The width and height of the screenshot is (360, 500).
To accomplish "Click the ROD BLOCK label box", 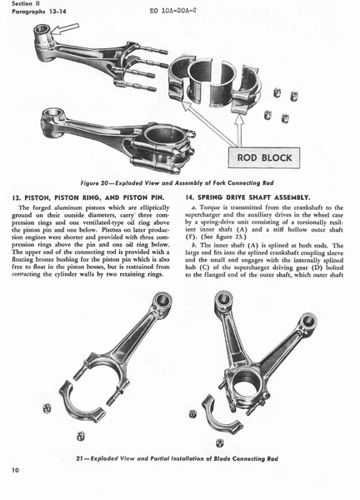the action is (264, 157).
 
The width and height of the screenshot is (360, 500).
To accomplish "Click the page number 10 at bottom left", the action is (15, 470).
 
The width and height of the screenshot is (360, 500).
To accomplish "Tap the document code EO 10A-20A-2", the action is (173, 10).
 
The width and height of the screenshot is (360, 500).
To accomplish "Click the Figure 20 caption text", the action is (177, 183).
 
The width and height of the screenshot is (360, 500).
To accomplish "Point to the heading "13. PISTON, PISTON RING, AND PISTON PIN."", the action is (88, 197).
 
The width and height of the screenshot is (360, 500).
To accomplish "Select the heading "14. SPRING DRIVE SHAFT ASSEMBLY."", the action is (247, 197).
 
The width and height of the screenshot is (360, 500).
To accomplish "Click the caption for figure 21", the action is (177, 458).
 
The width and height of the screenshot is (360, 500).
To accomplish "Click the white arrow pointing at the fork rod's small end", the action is (65, 30).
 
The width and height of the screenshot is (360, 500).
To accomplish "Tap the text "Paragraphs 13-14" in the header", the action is (39, 12).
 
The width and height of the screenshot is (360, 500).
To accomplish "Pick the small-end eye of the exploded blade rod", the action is (163, 300).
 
